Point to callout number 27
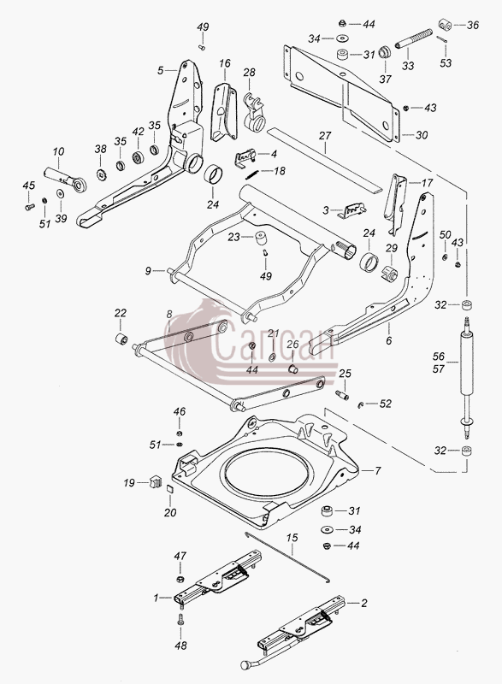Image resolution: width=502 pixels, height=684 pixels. (x=325, y=136)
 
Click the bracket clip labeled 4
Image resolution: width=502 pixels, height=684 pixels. (x=246, y=157)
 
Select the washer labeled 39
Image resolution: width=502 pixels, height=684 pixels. (x=59, y=193)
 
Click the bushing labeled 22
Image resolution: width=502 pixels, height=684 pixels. (x=121, y=338)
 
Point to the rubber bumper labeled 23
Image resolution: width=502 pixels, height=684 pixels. (x=261, y=237)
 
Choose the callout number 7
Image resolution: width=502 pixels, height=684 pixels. (x=378, y=471)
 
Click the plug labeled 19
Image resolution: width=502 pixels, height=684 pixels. (x=155, y=481)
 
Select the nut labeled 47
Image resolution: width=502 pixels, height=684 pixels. (x=180, y=579)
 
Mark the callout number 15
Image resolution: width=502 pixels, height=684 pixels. (x=292, y=538)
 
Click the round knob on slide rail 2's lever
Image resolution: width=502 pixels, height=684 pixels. (x=245, y=665)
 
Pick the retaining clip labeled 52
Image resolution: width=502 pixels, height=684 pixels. (x=361, y=404)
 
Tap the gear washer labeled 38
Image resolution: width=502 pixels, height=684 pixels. (x=101, y=175)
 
